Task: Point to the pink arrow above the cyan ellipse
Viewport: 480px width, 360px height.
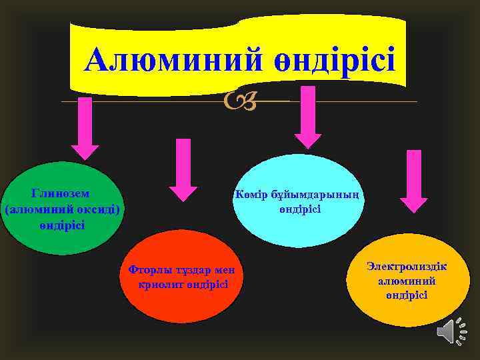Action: pos(307,116)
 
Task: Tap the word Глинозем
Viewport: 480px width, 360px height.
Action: pos(61,193)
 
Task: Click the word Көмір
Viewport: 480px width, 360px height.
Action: pos(249,195)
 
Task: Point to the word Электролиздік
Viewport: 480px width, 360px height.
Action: pos(407,266)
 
